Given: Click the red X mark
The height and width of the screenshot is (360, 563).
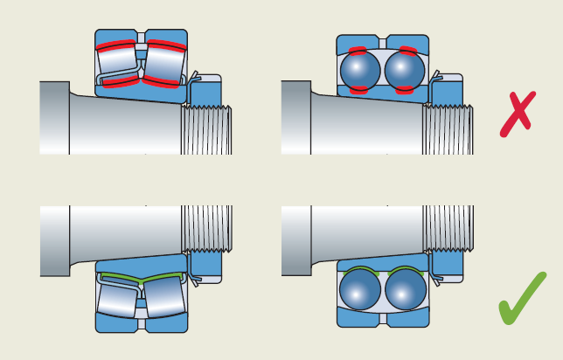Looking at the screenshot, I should [518, 114].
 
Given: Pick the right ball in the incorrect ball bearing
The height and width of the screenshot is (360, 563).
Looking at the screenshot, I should [405, 69].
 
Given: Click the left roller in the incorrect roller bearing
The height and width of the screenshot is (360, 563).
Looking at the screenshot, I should [118, 64].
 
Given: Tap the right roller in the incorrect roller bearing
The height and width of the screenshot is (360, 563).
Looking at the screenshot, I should [163, 64].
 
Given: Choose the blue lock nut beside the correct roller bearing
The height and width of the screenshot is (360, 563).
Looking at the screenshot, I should [206, 265].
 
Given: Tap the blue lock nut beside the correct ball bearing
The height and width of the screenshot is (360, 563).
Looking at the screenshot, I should [448, 265].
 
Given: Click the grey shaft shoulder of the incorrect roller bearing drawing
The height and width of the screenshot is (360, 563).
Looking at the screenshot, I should [54, 117].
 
